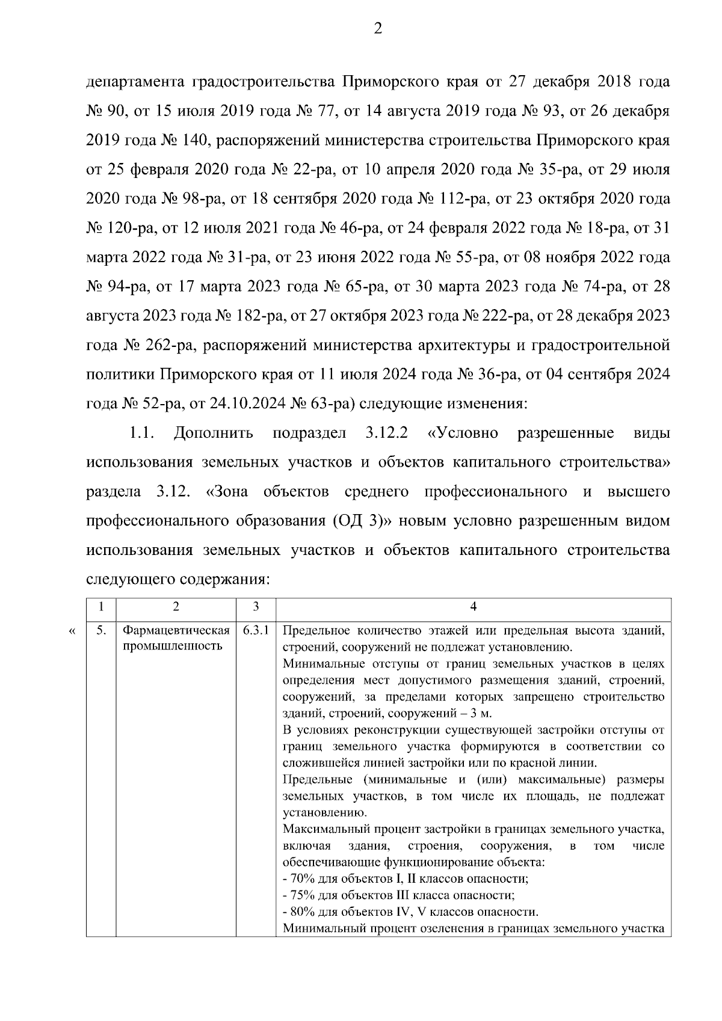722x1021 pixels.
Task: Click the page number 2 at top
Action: (x=377, y=28)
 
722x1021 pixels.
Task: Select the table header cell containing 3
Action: (x=256, y=607)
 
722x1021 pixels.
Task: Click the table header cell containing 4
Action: (x=473, y=607)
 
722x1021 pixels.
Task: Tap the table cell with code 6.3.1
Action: (x=256, y=631)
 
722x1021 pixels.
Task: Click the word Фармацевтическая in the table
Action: (x=176, y=631)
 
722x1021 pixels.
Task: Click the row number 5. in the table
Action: (x=101, y=631)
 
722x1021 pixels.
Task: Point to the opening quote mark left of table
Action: (x=72, y=631)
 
